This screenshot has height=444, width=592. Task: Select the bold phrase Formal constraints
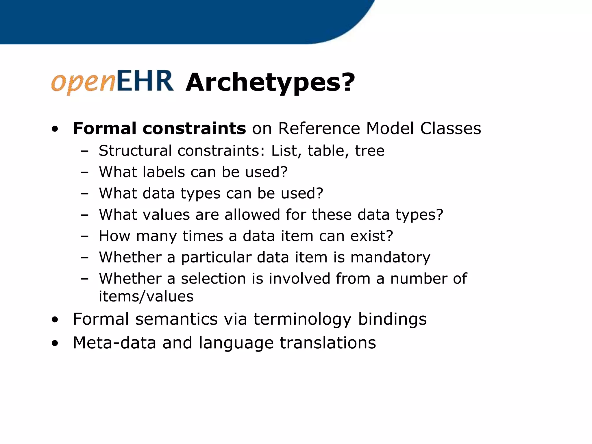[x=159, y=128]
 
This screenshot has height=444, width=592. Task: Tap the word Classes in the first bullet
[x=450, y=128]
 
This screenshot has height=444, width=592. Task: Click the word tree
[x=369, y=151]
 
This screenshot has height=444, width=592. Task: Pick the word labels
[x=164, y=172]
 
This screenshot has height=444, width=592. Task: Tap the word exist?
[x=371, y=236]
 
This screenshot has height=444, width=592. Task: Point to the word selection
[x=213, y=279]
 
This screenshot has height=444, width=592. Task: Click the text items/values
[x=146, y=296]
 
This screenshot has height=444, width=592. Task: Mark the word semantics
[x=176, y=319]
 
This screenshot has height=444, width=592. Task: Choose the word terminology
[x=302, y=319]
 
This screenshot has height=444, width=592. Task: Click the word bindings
[x=392, y=319]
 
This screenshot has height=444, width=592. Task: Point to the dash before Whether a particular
[x=85, y=257]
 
